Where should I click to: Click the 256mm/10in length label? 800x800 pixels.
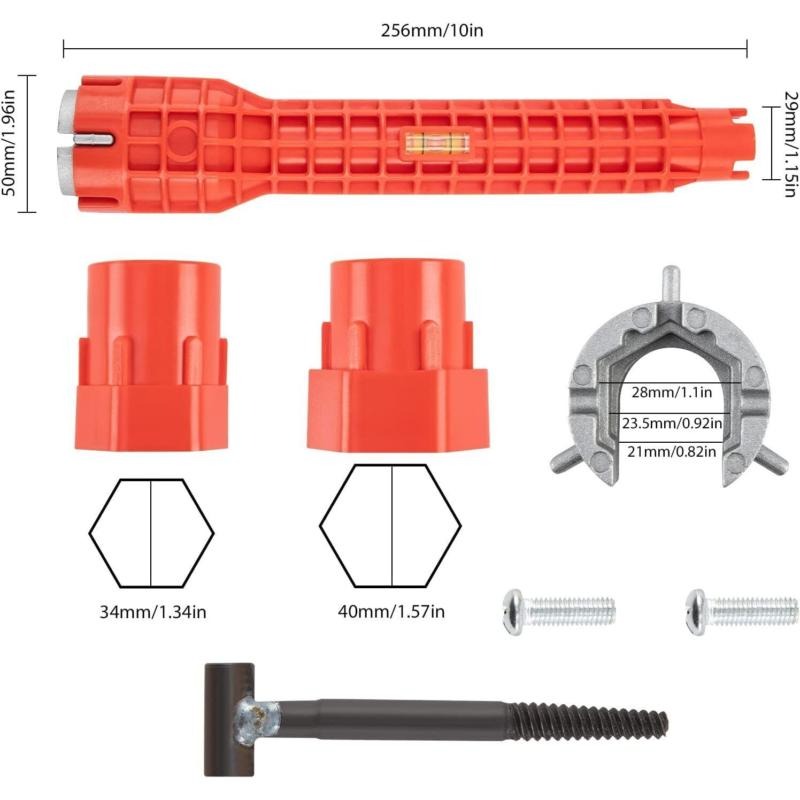pos(432,31)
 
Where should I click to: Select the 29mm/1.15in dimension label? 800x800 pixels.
pos(790,143)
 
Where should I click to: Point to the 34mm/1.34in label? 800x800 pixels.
pos(153,612)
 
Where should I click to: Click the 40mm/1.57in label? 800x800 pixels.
pos(391,611)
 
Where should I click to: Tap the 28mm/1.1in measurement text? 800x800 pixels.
pos(671,392)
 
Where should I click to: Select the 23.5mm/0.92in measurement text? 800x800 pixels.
pos(672,423)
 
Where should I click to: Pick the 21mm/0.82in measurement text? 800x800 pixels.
pos(671,452)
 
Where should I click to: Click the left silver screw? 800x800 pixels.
pos(559,612)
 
